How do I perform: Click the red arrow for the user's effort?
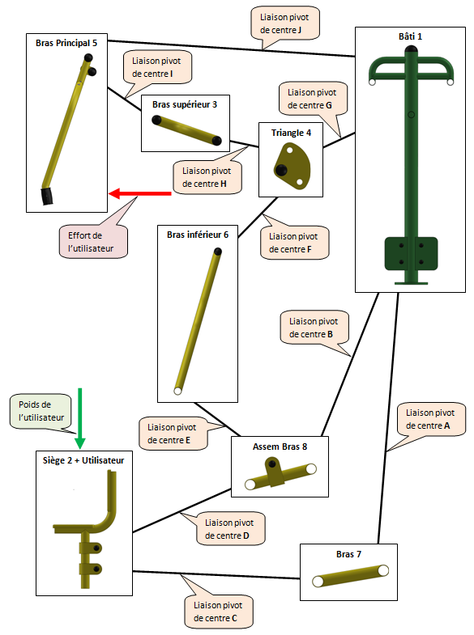pos(140,193)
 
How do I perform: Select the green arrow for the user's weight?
pos(80,418)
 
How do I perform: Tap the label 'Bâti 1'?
pos(410,36)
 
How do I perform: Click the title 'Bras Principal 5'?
pos(66,43)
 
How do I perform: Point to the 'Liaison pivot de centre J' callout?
pos(285,23)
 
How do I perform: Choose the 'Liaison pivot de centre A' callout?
pos(430,419)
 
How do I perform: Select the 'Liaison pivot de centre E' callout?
pos(173,434)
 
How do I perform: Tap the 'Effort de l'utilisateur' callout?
pos(93,242)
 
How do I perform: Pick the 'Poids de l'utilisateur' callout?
pos(41,411)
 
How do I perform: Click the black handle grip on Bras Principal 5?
pos(49,197)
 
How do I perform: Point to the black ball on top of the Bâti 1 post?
pos(411,50)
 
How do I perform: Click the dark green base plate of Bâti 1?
pos(411,254)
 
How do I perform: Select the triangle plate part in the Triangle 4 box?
pos(292,166)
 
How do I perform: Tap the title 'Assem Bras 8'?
pos(280,447)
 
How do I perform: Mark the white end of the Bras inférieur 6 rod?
pos(177,391)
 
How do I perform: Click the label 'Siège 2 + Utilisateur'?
pos(83,460)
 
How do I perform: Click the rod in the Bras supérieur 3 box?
pos(186,130)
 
